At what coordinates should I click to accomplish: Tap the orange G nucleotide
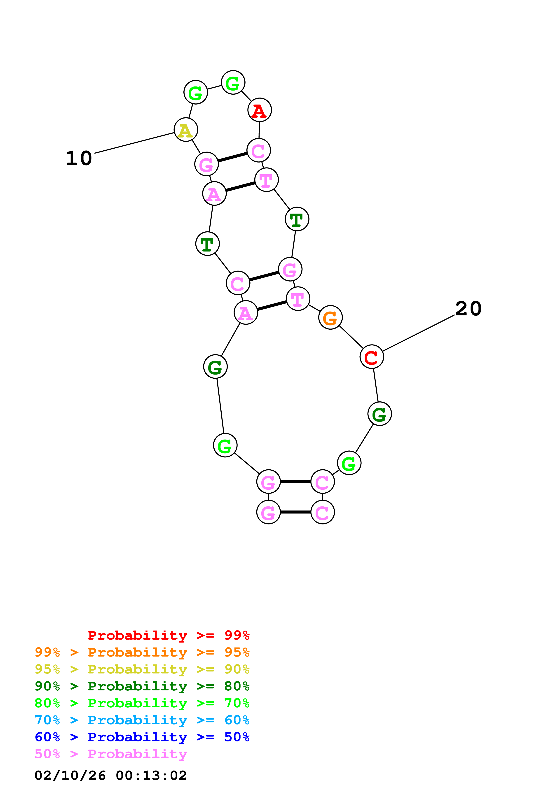(x=330, y=317)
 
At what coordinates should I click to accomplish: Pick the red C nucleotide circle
(x=372, y=357)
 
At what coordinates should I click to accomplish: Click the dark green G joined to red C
(x=380, y=414)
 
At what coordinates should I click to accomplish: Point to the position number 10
(x=79, y=158)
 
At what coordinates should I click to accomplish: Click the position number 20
(x=468, y=308)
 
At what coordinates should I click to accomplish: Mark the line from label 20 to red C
(x=418, y=333)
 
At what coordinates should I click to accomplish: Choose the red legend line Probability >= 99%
(x=168, y=635)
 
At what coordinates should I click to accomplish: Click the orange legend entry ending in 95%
(x=142, y=652)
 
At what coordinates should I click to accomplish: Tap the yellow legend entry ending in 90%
(x=142, y=669)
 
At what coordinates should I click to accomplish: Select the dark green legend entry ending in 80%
(x=142, y=686)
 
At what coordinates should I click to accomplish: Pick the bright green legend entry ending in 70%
(x=142, y=703)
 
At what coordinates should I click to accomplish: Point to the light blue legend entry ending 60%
(x=142, y=720)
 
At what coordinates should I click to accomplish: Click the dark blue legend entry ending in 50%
(x=142, y=737)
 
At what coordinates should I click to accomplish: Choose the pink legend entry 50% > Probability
(x=111, y=754)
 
